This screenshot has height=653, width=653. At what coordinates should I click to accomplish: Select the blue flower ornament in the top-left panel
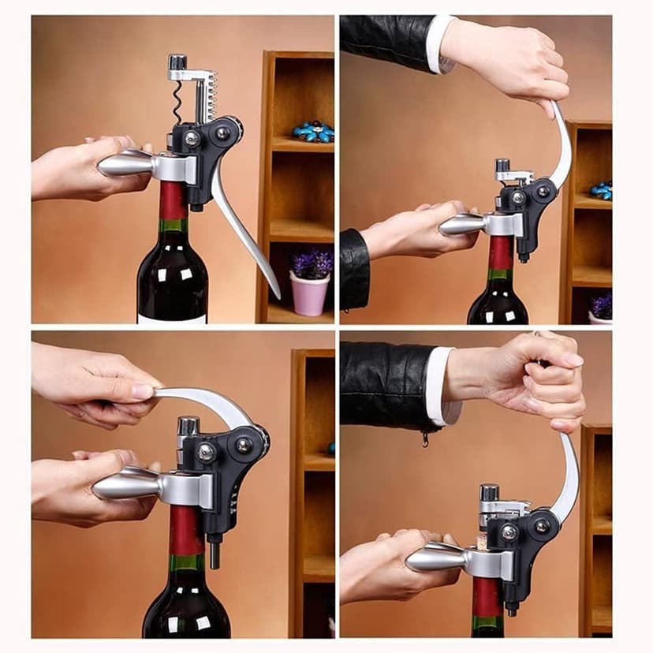(312, 131)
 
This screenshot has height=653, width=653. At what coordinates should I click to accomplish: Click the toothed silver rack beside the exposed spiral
(207, 99)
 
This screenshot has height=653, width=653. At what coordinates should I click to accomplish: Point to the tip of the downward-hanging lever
(274, 292)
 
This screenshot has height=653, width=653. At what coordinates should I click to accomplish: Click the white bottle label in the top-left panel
(172, 319)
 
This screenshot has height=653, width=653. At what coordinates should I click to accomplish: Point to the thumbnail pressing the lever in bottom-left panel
(144, 390)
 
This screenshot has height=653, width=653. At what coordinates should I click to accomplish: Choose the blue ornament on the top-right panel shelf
(603, 191)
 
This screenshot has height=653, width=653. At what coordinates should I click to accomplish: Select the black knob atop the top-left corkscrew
(178, 62)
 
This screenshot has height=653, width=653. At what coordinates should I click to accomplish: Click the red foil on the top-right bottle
(500, 252)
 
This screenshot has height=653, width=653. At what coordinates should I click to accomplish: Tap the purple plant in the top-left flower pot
(312, 264)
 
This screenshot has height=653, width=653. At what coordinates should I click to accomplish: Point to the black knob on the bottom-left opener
(188, 426)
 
